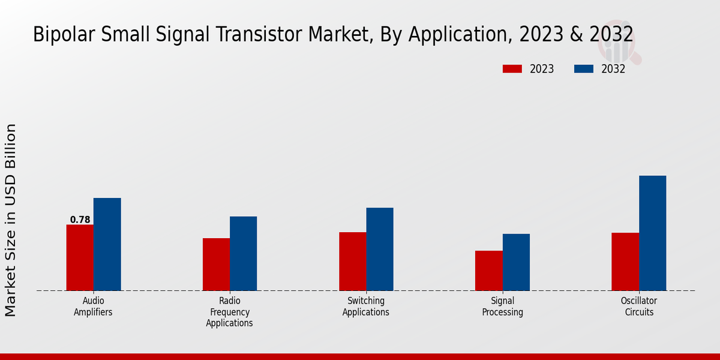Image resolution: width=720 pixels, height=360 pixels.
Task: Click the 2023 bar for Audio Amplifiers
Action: coord(80,257)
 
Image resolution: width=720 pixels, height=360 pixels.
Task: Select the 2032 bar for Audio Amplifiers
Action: coord(107,244)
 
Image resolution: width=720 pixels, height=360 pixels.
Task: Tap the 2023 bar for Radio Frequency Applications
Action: coord(216,264)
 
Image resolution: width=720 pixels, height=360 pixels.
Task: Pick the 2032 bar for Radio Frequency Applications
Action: coord(243,253)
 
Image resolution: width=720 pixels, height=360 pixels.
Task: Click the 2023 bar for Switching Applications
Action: coord(352,261)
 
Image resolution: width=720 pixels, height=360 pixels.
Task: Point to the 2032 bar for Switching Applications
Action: coord(380,249)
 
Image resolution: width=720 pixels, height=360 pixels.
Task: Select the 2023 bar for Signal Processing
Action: coord(488,271)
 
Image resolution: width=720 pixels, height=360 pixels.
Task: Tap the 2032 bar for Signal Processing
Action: coord(516,262)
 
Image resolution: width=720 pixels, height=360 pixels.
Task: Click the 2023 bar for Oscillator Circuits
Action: coord(625,262)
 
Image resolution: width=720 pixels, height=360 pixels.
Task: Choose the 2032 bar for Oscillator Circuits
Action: coord(652,233)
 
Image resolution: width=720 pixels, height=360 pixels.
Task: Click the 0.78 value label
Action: coord(80,220)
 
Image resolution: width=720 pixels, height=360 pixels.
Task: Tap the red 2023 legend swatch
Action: coord(512,69)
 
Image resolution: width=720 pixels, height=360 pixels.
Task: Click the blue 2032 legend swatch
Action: coord(583,69)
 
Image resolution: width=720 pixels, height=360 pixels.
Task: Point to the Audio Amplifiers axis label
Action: coord(93,306)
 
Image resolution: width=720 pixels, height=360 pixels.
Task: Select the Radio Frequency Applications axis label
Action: coord(229,311)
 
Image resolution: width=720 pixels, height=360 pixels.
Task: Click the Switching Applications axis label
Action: coord(366,306)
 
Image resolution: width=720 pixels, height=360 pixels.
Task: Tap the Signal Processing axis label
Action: coord(503,306)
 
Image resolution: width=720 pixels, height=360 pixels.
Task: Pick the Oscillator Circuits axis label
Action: coord(639,306)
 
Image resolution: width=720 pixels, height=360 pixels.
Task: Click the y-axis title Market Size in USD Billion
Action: coord(11,220)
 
